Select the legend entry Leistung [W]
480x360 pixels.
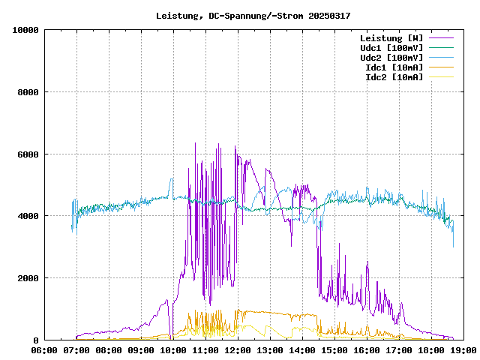click(x=391, y=38)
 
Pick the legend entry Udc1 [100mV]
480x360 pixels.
click(x=391, y=48)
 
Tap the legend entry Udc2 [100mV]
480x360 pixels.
click(x=391, y=58)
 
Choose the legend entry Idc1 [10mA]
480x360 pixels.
click(x=394, y=67)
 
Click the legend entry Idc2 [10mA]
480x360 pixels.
click(x=394, y=77)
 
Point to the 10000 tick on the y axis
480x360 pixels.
click(x=26, y=30)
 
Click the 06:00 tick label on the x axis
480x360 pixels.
click(x=44, y=349)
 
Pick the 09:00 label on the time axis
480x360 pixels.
click(x=141, y=349)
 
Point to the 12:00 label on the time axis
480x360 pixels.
click(x=237, y=349)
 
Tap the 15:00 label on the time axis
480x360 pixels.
click(x=334, y=349)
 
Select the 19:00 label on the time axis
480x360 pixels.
click(x=462, y=349)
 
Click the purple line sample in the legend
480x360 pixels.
click(x=441, y=38)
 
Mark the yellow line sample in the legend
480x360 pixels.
click(x=441, y=77)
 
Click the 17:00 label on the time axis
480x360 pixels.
click(x=398, y=349)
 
